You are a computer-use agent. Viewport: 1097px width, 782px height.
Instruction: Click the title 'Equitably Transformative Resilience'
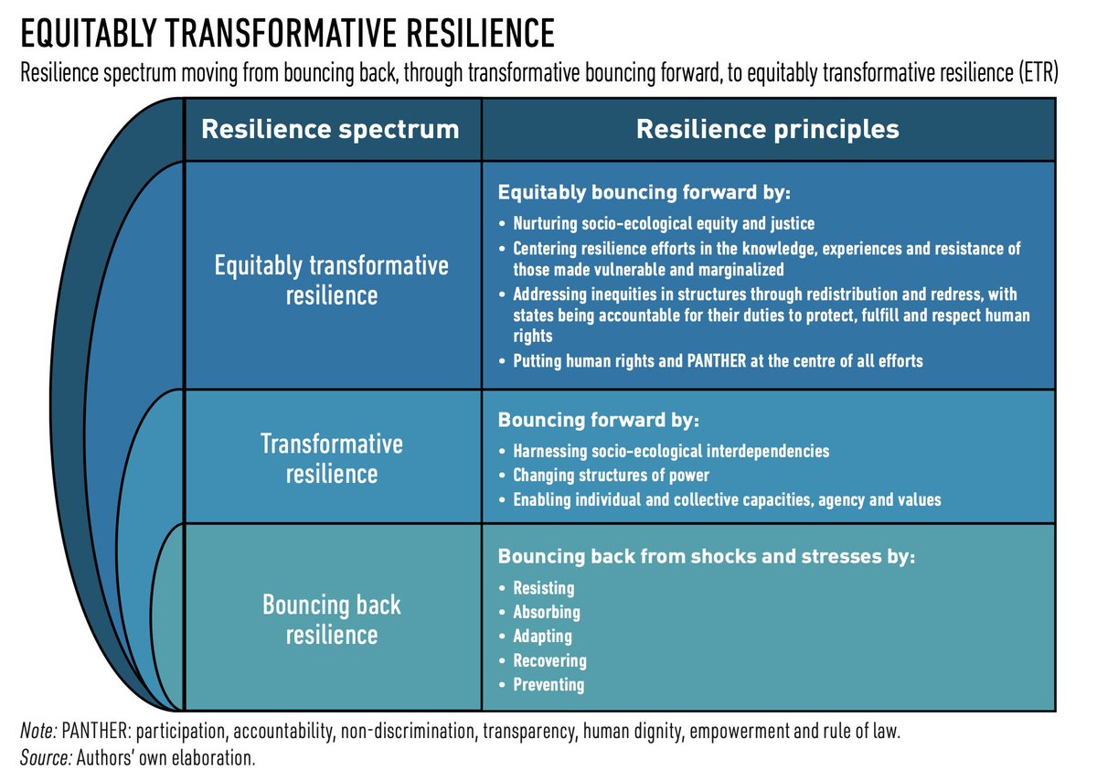(x=287, y=34)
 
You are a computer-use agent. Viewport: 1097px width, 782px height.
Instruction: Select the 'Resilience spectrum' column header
(x=330, y=129)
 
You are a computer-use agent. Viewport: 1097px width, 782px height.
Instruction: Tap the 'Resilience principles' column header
(x=767, y=129)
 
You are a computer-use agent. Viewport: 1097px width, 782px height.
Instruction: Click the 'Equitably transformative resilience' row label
(x=332, y=281)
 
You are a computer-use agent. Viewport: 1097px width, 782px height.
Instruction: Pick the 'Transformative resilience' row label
(x=332, y=459)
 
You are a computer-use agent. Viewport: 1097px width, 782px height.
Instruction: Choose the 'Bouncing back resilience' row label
(x=332, y=619)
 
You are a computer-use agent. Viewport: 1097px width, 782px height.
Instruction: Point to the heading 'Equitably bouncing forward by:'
(x=644, y=194)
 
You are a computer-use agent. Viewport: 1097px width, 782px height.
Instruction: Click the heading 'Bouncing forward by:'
(x=598, y=423)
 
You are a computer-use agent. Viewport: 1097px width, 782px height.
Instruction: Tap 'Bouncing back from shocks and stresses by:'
(x=706, y=557)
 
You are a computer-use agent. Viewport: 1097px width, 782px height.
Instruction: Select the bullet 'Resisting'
(x=544, y=589)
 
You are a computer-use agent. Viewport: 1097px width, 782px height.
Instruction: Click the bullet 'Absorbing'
(x=547, y=613)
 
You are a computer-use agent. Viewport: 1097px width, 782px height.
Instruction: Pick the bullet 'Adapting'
(x=543, y=637)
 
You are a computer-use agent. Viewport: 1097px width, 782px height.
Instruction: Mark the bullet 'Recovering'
(x=549, y=660)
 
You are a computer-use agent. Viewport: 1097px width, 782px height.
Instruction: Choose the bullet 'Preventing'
(x=548, y=684)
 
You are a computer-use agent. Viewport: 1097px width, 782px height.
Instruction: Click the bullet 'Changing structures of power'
(x=612, y=476)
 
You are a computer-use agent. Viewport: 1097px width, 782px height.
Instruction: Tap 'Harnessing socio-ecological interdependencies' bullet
(x=671, y=452)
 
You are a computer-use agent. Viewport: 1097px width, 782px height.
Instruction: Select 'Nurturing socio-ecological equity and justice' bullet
(x=664, y=223)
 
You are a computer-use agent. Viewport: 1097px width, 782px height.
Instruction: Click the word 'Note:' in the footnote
(x=37, y=733)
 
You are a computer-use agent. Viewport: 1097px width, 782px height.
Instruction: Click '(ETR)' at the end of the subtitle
(x=1038, y=74)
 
